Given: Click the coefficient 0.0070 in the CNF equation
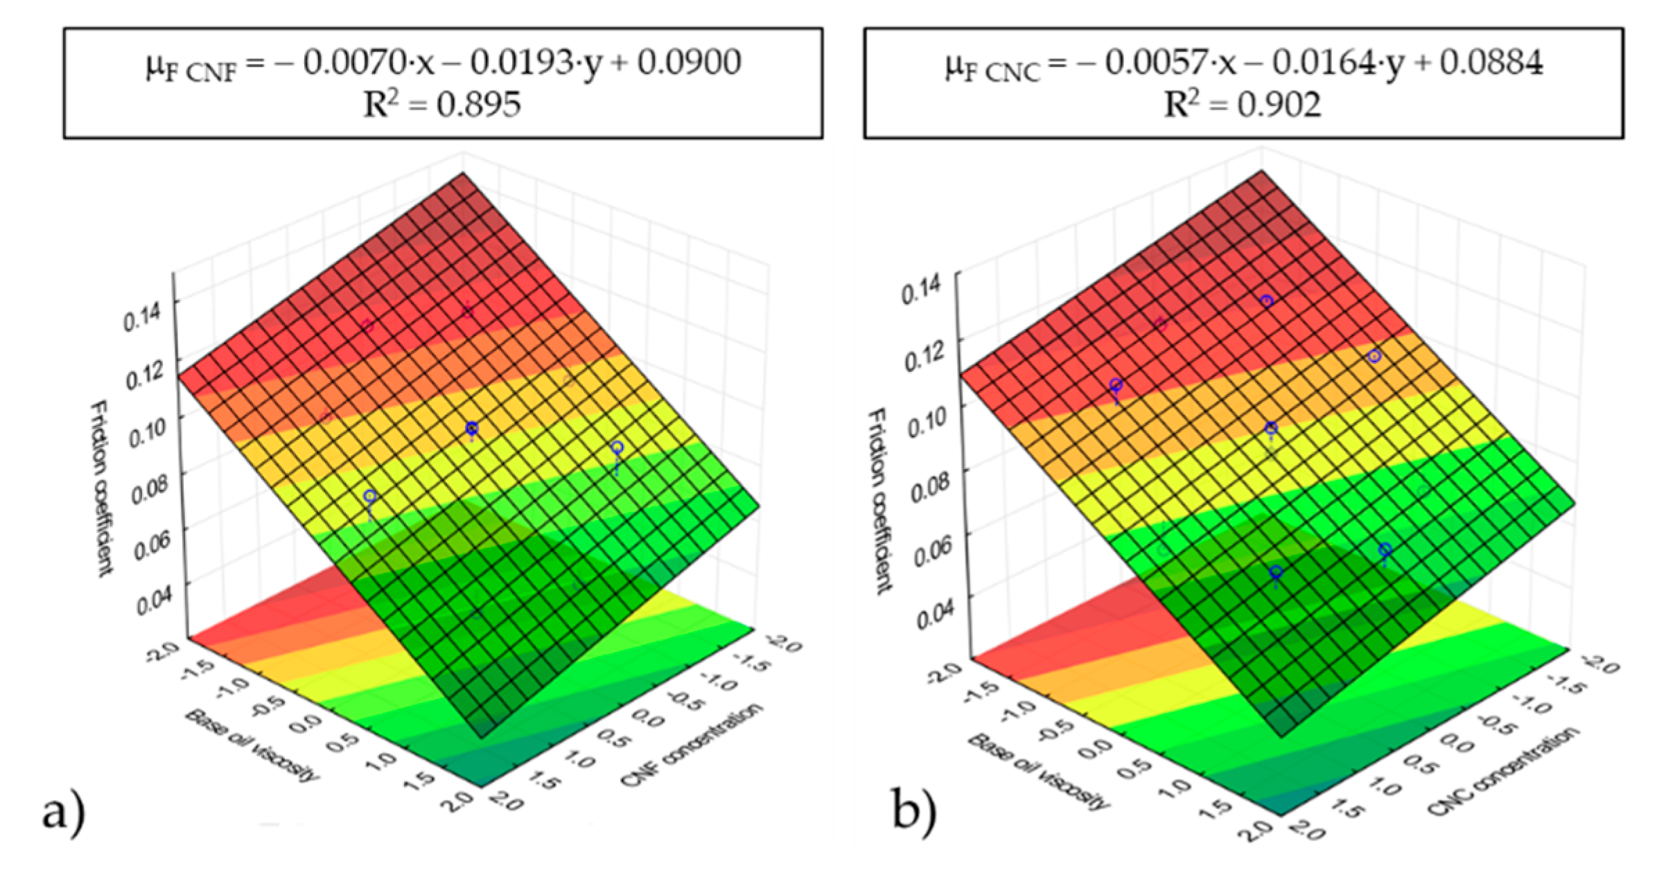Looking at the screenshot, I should (x=353, y=63).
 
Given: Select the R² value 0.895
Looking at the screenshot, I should (x=478, y=105).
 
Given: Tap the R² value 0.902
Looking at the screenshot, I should (x=1279, y=105).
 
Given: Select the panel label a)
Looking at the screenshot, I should (x=64, y=813).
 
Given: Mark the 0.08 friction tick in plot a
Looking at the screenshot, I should (x=148, y=488).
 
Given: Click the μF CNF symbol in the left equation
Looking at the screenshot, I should (x=191, y=67).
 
